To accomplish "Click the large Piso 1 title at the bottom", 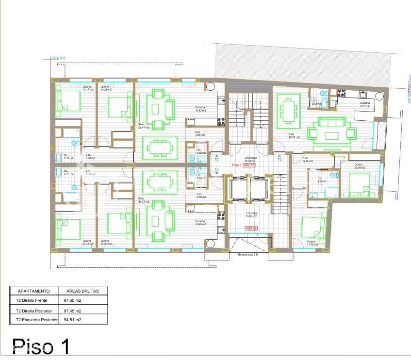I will pos(41,346).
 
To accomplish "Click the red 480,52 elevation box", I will pos(251,228).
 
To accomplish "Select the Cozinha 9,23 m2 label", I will pos(364,104).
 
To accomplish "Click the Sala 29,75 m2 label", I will pos(294,136).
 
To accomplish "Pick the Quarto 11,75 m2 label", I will pos(311,243).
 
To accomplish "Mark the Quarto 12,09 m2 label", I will pos(359,166).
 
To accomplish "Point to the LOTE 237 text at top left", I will pos(58,58).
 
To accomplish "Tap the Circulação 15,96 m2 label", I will pos(251,214).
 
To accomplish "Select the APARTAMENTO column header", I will pos(34,291).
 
